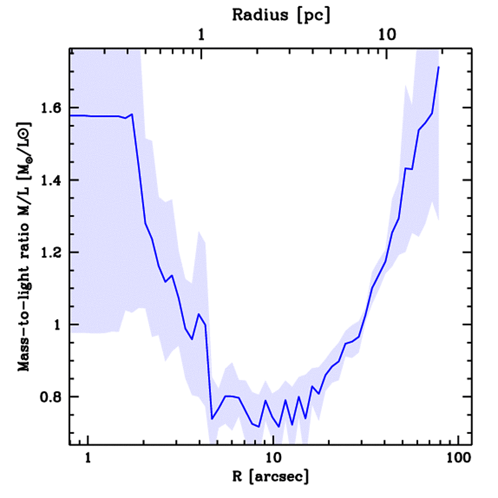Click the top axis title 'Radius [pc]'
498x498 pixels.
(x=281, y=15)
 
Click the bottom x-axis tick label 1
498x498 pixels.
(x=88, y=458)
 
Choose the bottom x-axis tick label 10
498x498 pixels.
(x=273, y=458)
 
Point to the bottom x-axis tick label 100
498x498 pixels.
(x=458, y=458)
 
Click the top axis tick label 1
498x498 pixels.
(x=201, y=35)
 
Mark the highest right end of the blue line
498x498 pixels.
(x=439, y=67)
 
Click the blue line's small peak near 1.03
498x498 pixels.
(x=198, y=314)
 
